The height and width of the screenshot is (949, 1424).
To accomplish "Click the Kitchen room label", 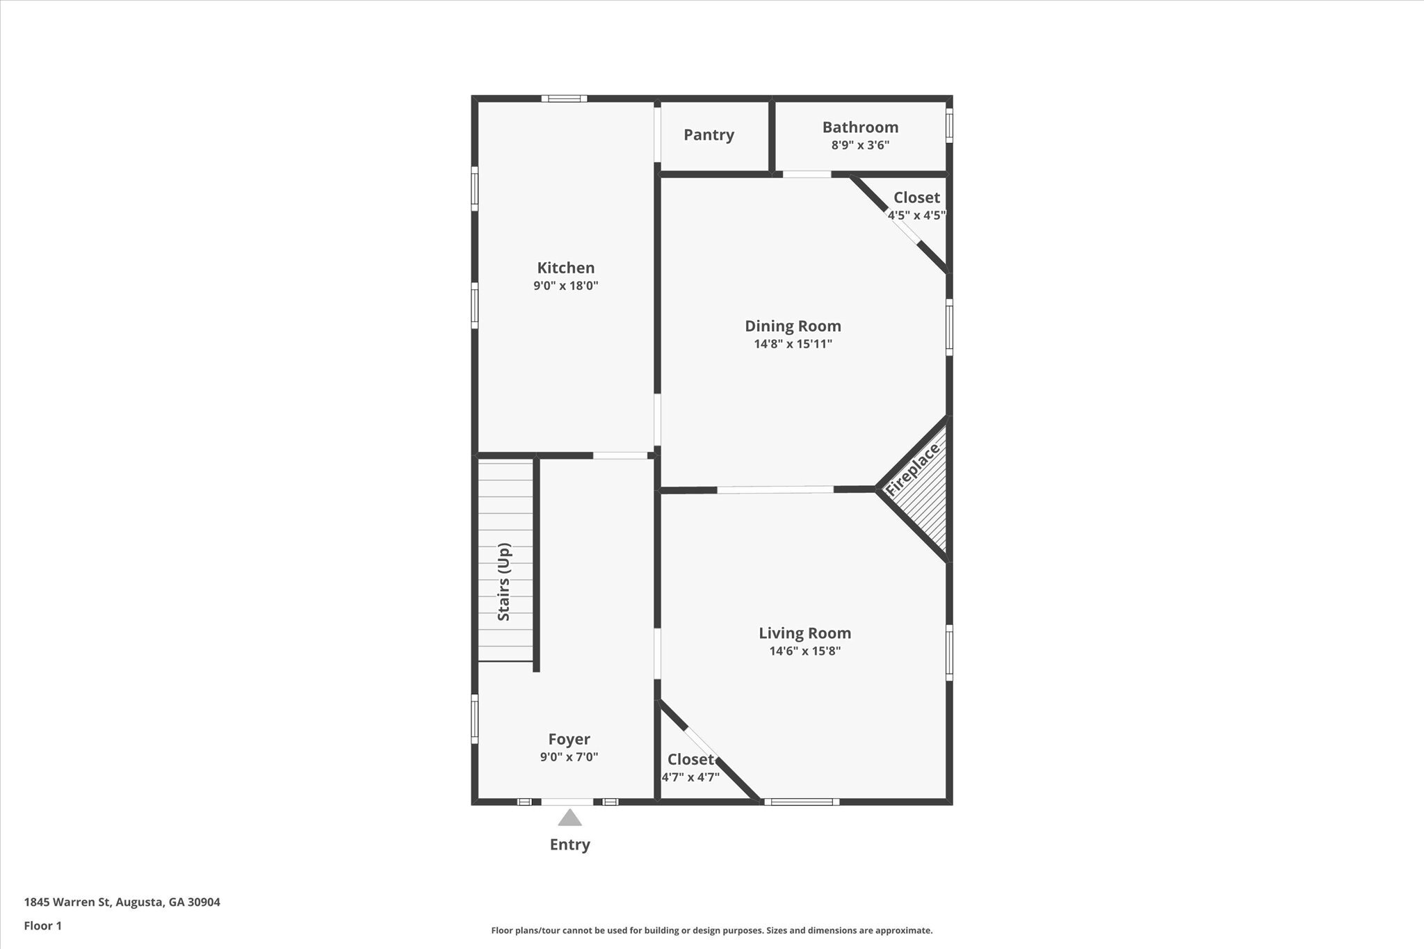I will [x=565, y=268].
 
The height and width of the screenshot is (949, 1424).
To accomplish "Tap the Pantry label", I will [x=709, y=135].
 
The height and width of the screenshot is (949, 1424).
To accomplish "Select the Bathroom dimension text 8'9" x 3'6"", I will [x=860, y=145].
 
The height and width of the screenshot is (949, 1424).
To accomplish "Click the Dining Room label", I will [x=793, y=326].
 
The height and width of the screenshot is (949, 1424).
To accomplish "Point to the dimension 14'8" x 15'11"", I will [x=793, y=344].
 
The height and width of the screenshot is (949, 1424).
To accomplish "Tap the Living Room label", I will [x=804, y=633].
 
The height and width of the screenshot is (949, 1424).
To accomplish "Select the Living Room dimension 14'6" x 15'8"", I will [x=804, y=651].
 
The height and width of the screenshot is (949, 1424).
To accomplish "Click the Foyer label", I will [x=569, y=739].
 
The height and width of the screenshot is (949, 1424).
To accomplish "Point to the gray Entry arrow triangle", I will [x=569, y=818].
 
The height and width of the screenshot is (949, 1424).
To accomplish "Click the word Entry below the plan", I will [x=569, y=845].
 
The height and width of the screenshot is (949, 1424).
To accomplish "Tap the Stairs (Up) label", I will [x=504, y=582].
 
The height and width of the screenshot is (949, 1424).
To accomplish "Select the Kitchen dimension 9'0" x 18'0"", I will [x=565, y=286].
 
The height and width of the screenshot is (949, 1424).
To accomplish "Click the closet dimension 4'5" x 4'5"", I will [x=916, y=216].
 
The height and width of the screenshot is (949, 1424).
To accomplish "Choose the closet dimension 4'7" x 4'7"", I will [x=690, y=777].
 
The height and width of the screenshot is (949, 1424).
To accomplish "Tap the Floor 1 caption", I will [x=43, y=926].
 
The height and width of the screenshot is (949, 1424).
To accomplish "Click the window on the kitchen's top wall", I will [x=565, y=99].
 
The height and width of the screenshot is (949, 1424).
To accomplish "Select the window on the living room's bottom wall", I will [x=802, y=802].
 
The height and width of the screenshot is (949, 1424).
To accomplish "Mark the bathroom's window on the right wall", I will [x=949, y=126].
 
